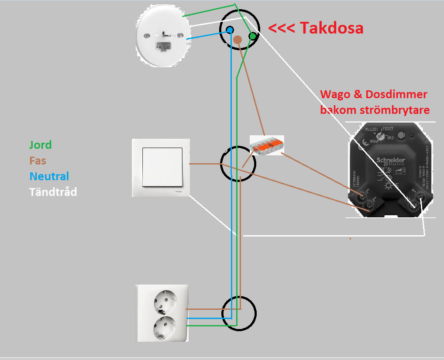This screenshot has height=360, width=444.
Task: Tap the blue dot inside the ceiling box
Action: pyautogui.click(x=230, y=30)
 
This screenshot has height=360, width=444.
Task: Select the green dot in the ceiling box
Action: pyautogui.click(x=252, y=36)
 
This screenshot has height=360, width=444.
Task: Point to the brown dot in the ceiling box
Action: pyautogui.click(x=237, y=40)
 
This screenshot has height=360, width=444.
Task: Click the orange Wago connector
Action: pyautogui.click(x=267, y=144)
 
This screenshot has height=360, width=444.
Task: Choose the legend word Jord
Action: pyautogui.click(x=41, y=144)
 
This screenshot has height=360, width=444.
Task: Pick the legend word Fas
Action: pyautogui.click(x=38, y=161)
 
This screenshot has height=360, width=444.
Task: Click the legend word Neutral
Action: pyautogui.click(x=49, y=176)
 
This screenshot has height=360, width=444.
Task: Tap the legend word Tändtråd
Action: pyautogui.click(x=53, y=192)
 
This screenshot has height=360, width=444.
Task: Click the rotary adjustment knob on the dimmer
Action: pyautogui.click(x=382, y=136)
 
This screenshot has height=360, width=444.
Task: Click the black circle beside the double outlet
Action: pyautogui.click(x=238, y=313)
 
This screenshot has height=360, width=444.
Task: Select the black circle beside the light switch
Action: pyautogui.click(x=237, y=165)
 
